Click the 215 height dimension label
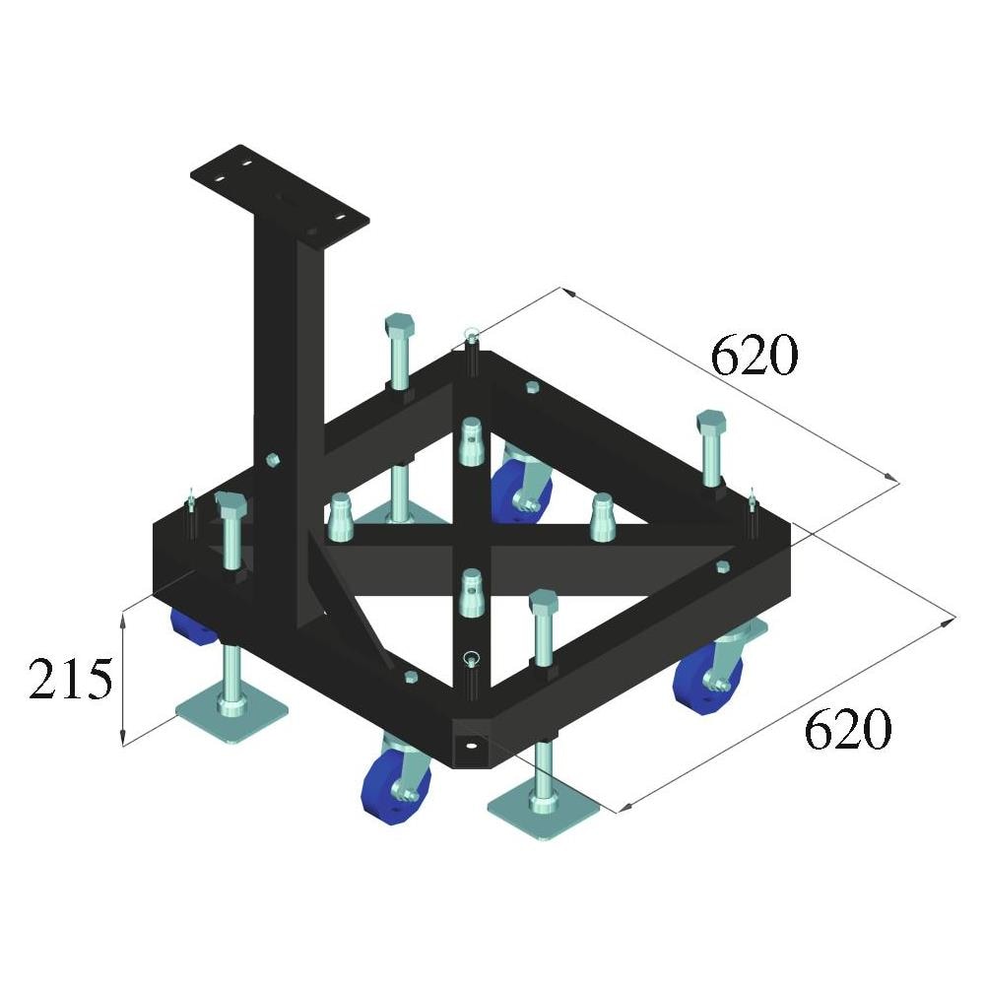pos(71,679)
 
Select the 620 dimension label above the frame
pos(754,355)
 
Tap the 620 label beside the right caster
pos(847,729)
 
